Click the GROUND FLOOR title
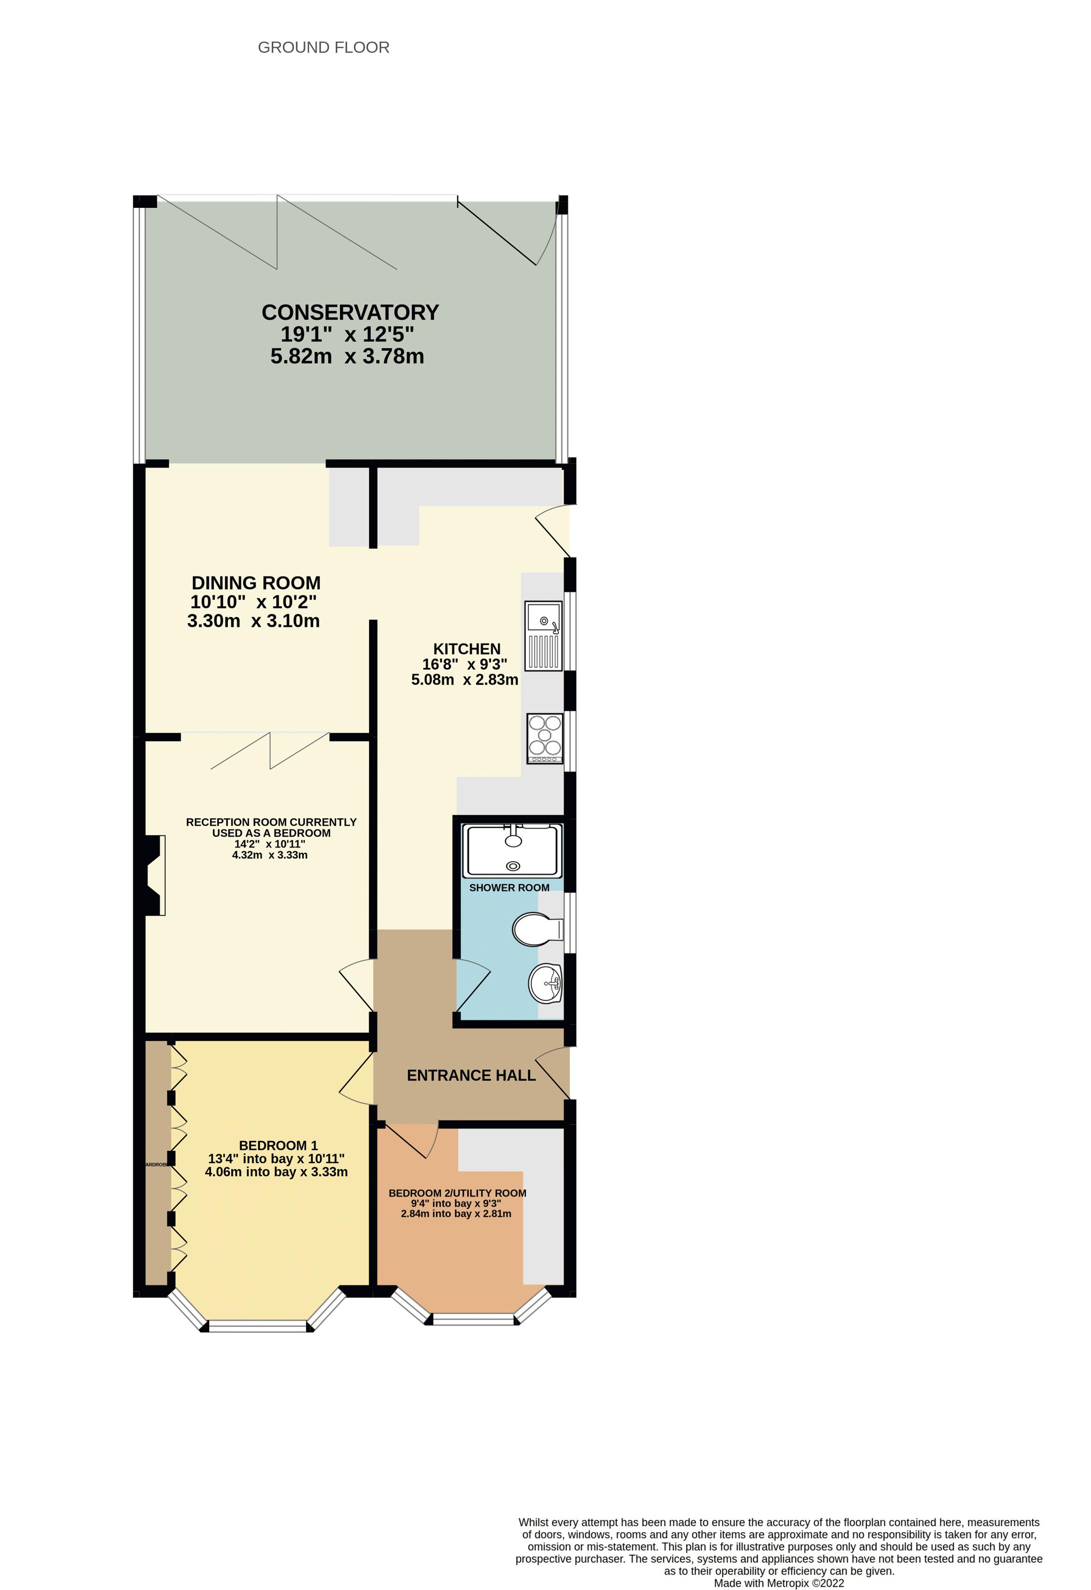tap(324, 47)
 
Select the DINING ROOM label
tap(256, 583)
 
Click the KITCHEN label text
tap(467, 649)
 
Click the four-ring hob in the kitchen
tap(545, 738)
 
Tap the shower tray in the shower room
tap(512, 851)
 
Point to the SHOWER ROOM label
tap(509, 887)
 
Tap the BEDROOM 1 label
tap(278, 1145)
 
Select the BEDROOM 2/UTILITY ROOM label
tap(457, 1192)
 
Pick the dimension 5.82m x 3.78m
tap(347, 356)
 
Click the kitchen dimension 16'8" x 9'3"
tap(464, 664)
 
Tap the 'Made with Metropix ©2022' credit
tap(779, 1583)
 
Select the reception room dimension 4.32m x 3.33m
tap(269, 854)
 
